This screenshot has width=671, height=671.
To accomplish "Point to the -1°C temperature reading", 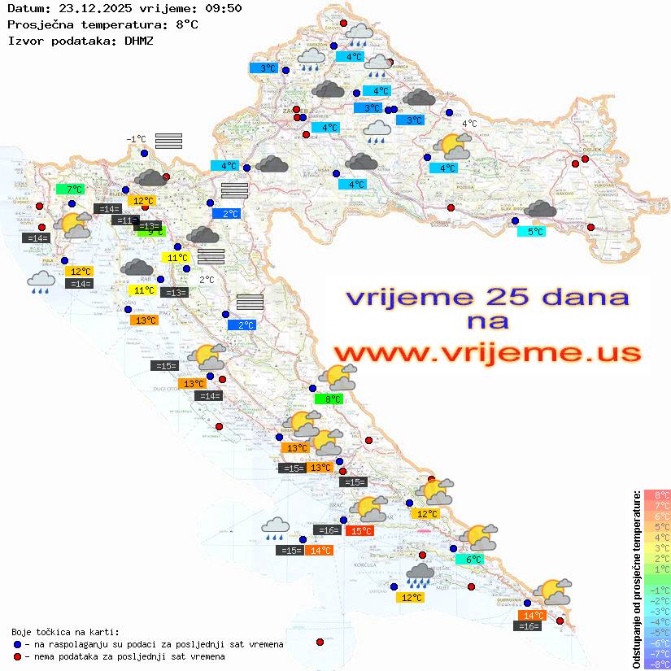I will click(x=136, y=139).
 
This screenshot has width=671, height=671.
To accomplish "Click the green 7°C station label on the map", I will click(x=70, y=190).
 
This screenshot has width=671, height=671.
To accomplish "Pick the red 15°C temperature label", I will click(x=359, y=531).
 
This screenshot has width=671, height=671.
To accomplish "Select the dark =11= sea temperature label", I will click(x=124, y=220).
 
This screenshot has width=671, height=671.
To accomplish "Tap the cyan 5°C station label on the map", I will click(x=531, y=232).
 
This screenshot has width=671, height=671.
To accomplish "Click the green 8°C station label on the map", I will click(x=328, y=399).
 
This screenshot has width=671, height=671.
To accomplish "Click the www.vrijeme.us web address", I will click(x=486, y=352).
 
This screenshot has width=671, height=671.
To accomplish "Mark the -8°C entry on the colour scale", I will click(x=656, y=664).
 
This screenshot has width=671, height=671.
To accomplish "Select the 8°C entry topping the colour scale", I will click(x=656, y=495).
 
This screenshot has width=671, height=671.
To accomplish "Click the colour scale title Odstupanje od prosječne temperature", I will click(x=636, y=579).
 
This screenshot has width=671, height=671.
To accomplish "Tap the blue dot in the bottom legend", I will click(x=17, y=644).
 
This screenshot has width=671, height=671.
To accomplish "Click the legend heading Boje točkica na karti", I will click(x=65, y=632).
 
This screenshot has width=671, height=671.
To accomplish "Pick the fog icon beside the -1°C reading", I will click(x=168, y=141).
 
